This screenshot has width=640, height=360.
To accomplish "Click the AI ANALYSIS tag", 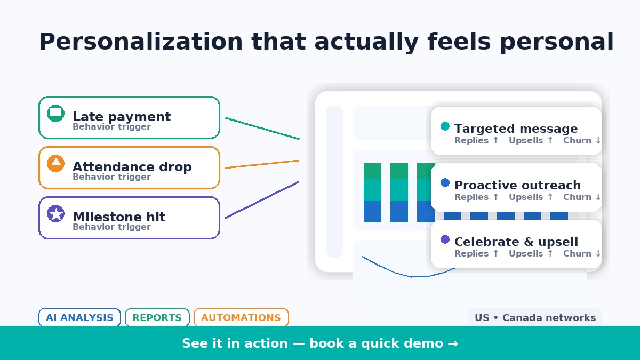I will (x=79, y=318).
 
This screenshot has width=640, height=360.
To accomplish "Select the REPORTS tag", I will (x=157, y=318).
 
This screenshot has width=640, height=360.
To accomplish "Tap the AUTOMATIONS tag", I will (x=241, y=318).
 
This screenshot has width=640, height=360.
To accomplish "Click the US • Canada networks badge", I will (x=535, y=318).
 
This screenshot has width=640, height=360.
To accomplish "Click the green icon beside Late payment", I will (x=56, y=113).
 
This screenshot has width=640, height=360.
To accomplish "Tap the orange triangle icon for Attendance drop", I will (x=56, y=163).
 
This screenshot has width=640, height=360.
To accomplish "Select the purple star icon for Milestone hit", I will (x=56, y=214).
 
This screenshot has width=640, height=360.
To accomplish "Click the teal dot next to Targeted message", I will (x=445, y=126).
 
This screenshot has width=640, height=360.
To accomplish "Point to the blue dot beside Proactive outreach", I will (x=445, y=183).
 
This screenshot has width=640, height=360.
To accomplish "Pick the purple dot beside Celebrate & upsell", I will (x=445, y=239).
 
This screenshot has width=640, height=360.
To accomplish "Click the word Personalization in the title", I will (x=141, y=42).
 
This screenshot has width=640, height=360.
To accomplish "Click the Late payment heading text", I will (x=122, y=117).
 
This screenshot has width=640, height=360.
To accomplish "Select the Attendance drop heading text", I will (x=132, y=167).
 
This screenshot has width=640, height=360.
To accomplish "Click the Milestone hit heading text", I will (x=119, y=217).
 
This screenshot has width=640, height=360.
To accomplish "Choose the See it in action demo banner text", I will (x=319, y=343).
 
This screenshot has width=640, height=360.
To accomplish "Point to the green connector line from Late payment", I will (x=262, y=129).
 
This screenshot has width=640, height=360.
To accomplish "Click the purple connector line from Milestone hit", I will (x=262, y=199).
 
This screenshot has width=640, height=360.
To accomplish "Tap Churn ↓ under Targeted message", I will (x=582, y=141).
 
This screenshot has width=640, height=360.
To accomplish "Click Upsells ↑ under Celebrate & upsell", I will (x=531, y=254).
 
